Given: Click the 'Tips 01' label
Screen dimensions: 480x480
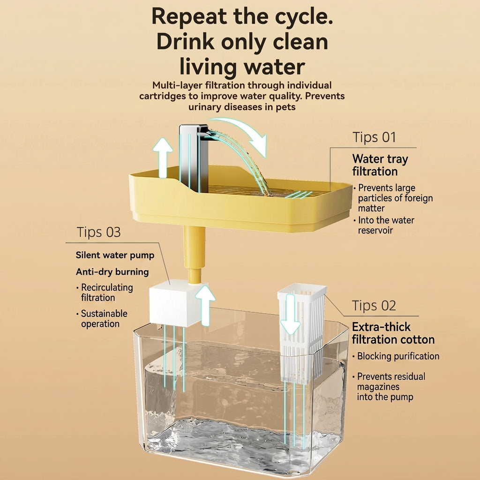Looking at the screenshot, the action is tap(374, 137).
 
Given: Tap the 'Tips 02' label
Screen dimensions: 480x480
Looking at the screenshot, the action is tap(374, 306).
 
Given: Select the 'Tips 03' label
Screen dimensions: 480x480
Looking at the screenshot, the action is tap(98, 232).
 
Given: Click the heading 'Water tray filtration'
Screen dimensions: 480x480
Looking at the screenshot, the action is tap(380, 165).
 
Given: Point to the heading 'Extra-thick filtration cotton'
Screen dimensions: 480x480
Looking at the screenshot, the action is tap(393, 333).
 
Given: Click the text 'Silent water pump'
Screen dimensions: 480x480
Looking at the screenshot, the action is tap(115, 255).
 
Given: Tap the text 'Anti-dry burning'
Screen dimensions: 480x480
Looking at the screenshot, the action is tap(112, 272).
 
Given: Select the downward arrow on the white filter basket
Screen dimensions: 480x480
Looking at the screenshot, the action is tap(290, 314).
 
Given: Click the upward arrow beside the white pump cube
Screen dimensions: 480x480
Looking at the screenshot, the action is tap(205, 305).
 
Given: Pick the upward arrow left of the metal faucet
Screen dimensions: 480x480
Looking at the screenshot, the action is tap(163, 157).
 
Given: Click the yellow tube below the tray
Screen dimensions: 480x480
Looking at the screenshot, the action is tap(195, 255).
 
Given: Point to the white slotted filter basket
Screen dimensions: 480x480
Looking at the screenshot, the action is tap(301, 333).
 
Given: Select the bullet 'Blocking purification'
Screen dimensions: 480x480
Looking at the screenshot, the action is tap(396, 356).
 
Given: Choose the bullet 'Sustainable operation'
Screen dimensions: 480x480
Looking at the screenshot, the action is tap(102, 319).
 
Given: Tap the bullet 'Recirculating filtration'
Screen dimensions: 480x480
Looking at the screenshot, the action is tap(105, 292).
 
